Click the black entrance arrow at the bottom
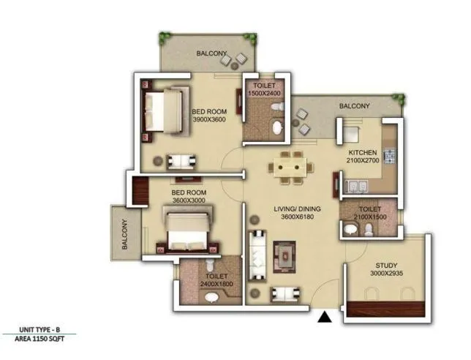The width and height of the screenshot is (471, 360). (x=323, y=316)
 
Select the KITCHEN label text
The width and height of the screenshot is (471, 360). (x=362, y=153)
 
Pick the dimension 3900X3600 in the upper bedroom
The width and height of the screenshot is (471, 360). (x=209, y=119)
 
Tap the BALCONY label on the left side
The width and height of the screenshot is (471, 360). (x=125, y=234)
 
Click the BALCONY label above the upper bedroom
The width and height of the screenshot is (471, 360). (x=211, y=53)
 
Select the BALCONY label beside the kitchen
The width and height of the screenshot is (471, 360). (x=355, y=106)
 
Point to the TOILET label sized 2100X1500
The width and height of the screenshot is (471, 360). (x=369, y=208)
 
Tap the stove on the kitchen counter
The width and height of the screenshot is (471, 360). (x=390, y=155)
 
